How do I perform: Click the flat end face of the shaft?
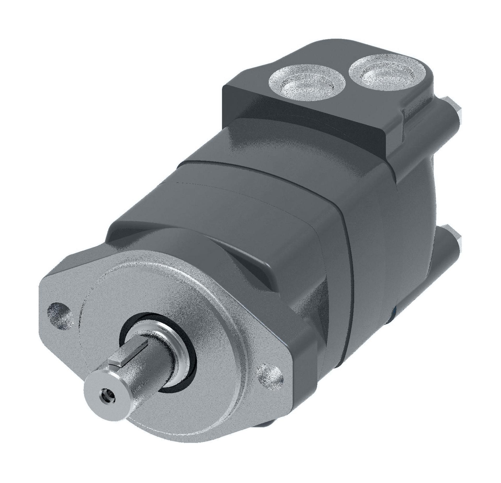point(104,396)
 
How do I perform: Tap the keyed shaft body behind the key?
point(146,370)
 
